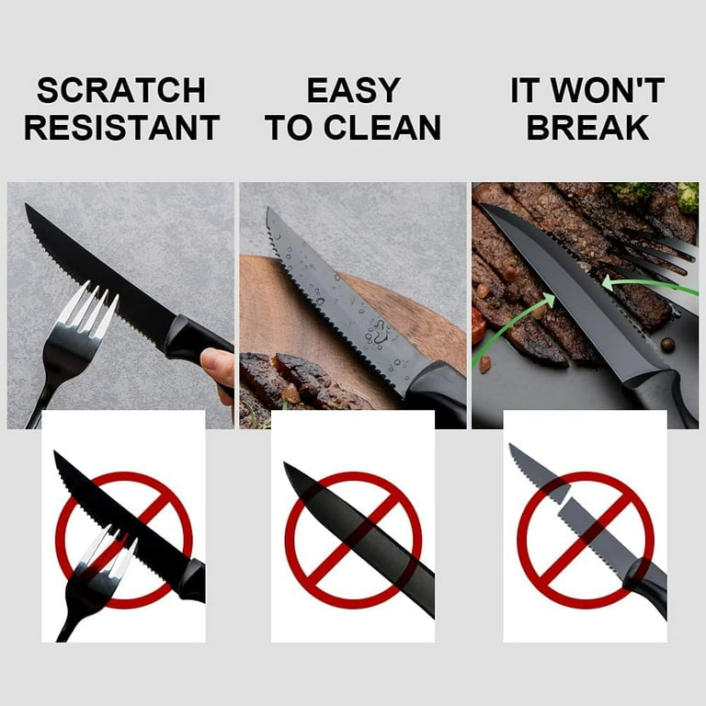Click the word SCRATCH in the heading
pos(121,90)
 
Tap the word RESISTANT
pos(121,128)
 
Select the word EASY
pos(353,90)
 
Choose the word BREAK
pos(587,128)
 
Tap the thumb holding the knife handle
pos(219,366)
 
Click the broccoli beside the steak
pos(685,195)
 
